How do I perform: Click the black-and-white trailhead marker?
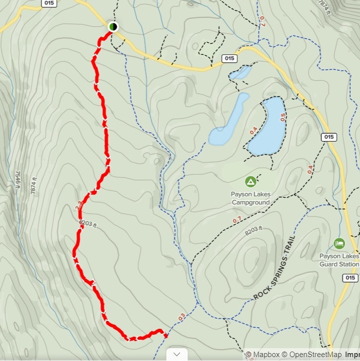point(113,26)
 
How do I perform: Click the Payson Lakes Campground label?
point(251,198)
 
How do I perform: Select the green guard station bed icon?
point(339,243)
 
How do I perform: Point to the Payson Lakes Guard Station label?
point(339,260)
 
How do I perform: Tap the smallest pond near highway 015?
point(240,73)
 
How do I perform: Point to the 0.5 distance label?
point(283,117)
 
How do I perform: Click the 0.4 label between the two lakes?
point(254,132)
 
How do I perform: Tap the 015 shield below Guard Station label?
point(350,278)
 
